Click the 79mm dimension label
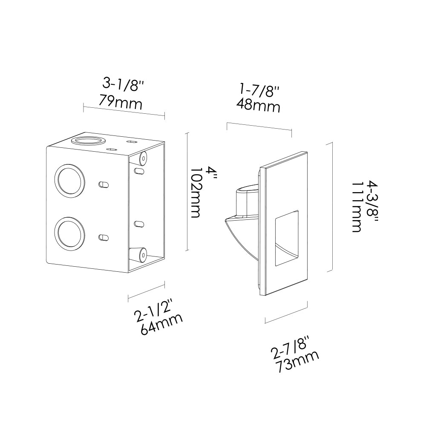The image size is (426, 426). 121,102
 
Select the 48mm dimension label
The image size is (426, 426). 258,105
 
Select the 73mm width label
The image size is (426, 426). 297,362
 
